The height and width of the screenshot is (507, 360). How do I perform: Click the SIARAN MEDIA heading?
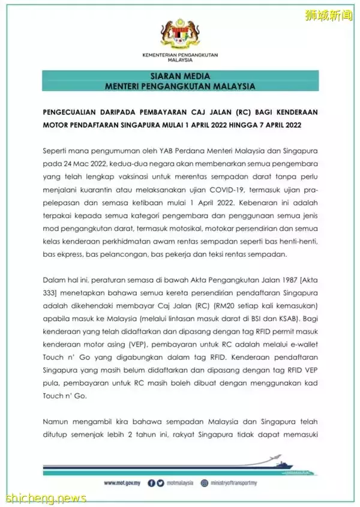pyautogui.click(x=179, y=76)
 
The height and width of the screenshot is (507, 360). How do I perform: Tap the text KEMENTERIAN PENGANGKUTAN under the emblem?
pyautogui.click(x=179, y=55)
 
